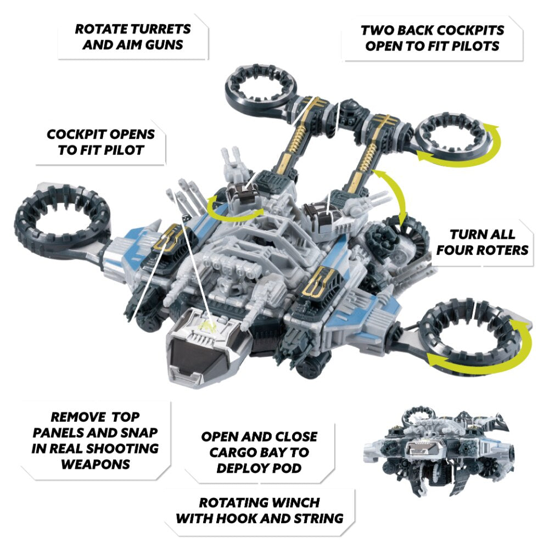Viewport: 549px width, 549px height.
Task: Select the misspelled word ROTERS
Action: [x=505, y=250]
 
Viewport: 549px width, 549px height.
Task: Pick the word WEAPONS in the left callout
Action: [x=96, y=464]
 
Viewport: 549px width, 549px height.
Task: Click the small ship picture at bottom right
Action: [x=439, y=451]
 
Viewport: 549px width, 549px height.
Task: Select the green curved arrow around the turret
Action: [x=234, y=209]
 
